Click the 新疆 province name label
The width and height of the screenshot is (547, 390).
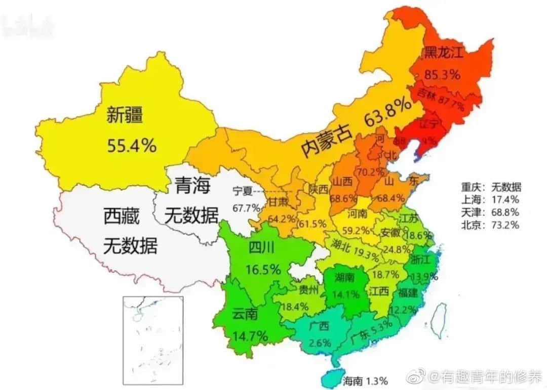125,116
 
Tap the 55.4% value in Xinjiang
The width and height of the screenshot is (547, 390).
132,146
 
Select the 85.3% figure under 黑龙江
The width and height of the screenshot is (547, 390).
442,74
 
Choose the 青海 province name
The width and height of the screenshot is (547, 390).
192,187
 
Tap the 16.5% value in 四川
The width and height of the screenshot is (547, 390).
263,269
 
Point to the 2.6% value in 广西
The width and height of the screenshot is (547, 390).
320,342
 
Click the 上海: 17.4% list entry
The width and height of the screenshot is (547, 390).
490,200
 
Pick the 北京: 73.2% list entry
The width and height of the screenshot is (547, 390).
490,225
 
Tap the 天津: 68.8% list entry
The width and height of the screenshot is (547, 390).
490,212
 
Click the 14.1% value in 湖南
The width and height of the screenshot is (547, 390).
347,293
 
